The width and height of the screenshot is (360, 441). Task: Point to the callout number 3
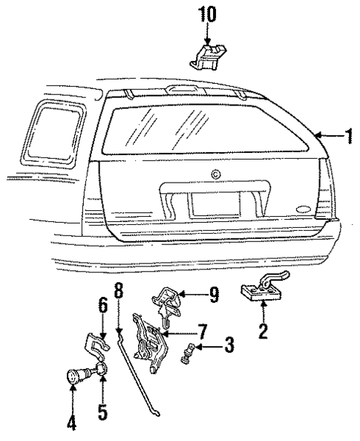[x=229, y=347]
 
